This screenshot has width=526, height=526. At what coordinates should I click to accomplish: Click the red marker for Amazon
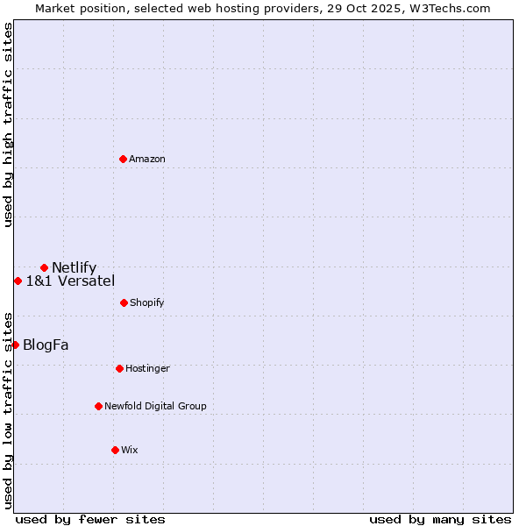[x=123, y=159]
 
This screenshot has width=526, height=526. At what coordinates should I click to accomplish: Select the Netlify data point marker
[x=44, y=267]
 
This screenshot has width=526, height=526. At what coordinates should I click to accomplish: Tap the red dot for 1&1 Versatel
[x=18, y=281]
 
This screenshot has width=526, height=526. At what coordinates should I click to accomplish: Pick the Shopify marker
[x=124, y=302]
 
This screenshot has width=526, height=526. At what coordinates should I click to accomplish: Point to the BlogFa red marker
[x=15, y=345]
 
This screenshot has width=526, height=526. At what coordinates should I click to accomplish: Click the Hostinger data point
[x=119, y=368]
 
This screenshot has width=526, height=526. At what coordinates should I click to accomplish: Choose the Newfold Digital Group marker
[x=98, y=406]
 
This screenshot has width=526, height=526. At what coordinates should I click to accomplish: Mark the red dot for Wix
[x=115, y=450]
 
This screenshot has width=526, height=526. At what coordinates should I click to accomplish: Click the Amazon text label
[x=147, y=159]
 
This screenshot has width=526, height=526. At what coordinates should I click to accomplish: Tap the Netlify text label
[x=74, y=267]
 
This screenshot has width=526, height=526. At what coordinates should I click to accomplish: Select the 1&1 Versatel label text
[x=70, y=281]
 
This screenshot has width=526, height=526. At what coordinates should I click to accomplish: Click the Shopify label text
[x=147, y=302]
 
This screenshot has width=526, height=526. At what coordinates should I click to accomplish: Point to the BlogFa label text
[x=46, y=345]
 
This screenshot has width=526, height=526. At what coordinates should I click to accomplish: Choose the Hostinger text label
[x=147, y=368]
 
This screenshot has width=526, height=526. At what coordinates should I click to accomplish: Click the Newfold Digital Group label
[x=155, y=406]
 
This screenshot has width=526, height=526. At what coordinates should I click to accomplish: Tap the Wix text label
[x=130, y=450]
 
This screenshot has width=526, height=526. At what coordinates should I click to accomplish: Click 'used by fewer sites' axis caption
[x=90, y=519]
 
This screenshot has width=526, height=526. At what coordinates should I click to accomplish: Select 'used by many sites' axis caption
[x=440, y=519]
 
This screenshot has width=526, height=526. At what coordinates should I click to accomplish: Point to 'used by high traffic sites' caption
[x=8, y=124]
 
